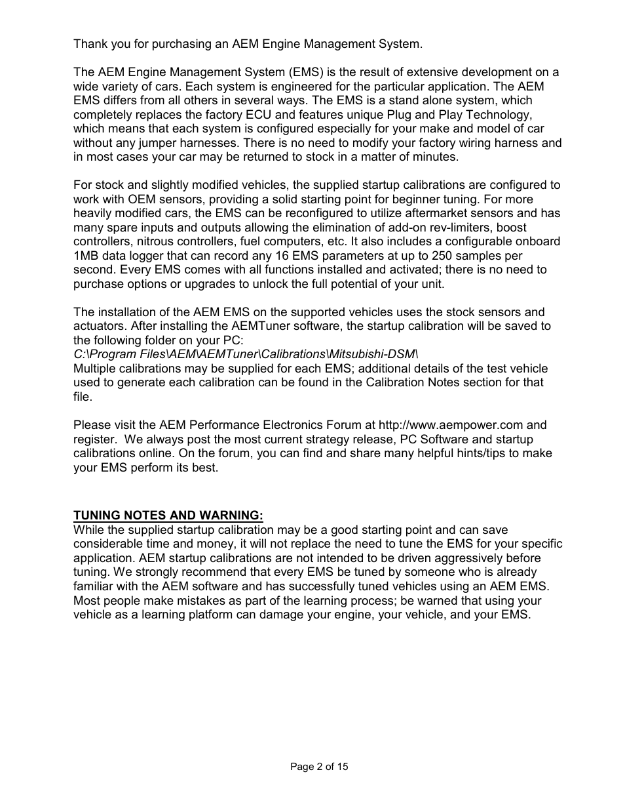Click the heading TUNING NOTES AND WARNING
tap(168, 516)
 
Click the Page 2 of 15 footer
tap(320, 766)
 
